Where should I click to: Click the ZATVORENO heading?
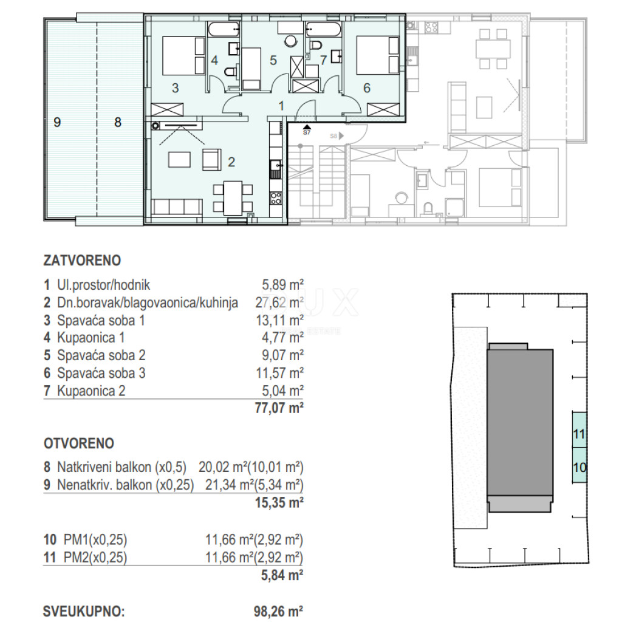(x=82, y=261)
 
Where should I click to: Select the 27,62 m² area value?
(x=279, y=303)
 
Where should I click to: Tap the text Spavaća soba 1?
(x=101, y=321)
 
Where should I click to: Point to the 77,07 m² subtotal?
(x=279, y=408)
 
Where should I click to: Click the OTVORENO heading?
(x=79, y=443)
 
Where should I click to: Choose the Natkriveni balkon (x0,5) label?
(x=121, y=467)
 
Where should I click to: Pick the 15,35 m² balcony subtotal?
(x=279, y=502)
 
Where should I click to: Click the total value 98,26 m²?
(x=278, y=612)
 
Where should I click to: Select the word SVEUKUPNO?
(x=84, y=612)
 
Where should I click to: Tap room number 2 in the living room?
(x=231, y=162)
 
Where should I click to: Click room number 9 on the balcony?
(x=57, y=122)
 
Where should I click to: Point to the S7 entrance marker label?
(x=307, y=133)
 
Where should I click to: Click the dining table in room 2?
(x=233, y=198)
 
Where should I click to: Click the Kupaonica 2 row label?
(x=91, y=391)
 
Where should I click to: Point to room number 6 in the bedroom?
(x=367, y=87)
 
